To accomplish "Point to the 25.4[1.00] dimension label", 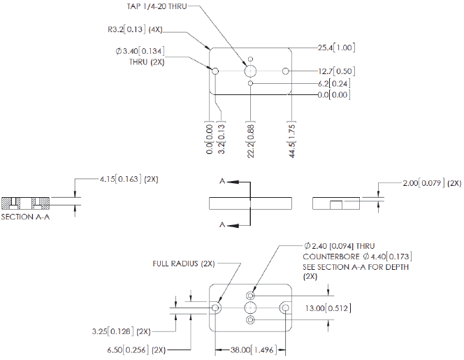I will coord(337,48).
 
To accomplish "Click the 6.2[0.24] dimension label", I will coord(333,83).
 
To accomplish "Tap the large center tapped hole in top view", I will coord(250,71).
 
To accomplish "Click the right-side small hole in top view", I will coord(285,71).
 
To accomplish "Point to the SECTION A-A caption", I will coord(26,216).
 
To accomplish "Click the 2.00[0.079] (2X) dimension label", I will coord(427,182).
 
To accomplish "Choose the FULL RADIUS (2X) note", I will coord(183,264).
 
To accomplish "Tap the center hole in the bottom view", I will coord(250,308).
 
